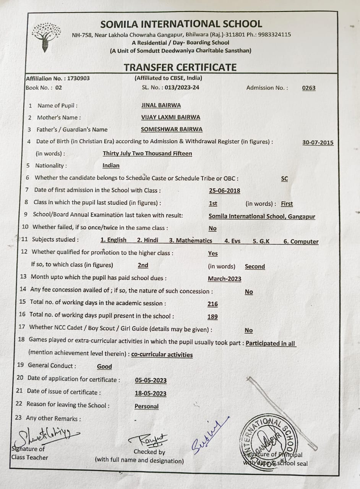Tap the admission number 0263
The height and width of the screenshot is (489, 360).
pos(309,88)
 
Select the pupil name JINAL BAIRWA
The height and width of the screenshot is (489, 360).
pos(161,105)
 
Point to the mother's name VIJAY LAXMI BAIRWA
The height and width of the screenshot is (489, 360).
pos(170,117)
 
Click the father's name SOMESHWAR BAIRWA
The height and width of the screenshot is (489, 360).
pos(172,130)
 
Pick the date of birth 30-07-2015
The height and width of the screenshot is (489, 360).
pos(318,142)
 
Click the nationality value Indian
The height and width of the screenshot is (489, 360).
pos(111,165)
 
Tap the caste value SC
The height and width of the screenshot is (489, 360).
pos(284,178)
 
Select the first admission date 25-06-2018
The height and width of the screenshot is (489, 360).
pos(224,191)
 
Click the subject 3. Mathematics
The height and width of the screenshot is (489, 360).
pos(191,240)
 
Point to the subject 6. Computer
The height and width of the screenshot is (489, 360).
pos(301,241)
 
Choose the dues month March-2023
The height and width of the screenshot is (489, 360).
pos(224,279)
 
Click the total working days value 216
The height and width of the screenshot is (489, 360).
pos(212,304)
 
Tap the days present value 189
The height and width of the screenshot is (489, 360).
pos(212,316)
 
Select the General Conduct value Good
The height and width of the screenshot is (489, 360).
pos(104,366)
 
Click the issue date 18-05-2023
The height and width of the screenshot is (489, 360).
pos(151,393)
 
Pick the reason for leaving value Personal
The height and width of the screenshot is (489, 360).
pos(146,406)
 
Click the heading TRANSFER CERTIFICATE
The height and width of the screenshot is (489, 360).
pos(180,67)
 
